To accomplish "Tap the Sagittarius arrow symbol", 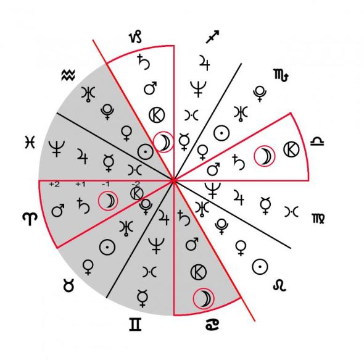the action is (x=212, y=36).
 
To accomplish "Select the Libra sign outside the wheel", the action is (x=317, y=141).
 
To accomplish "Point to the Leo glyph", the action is (x=279, y=285).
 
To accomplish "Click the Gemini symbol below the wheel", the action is (x=135, y=324).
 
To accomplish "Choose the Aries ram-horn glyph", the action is (x=30, y=219).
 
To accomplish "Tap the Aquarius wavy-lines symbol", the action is (x=68, y=75).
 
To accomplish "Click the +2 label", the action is (x=54, y=184).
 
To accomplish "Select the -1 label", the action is (x=105, y=184).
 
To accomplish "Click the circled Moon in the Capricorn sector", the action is (x=163, y=142).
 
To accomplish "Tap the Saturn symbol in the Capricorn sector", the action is (x=144, y=62).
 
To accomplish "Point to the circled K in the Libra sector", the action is (x=292, y=149).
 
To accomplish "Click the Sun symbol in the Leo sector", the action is (x=260, y=267).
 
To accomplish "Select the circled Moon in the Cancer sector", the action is (x=204, y=299).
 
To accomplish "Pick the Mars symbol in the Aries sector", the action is (x=58, y=211).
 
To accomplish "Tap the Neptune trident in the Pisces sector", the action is (x=57, y=149).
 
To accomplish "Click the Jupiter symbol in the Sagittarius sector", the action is (x=204, y=62).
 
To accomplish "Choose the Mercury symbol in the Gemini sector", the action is (x=143, y=298).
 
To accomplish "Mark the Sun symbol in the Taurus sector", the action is (x=107, y=247).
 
